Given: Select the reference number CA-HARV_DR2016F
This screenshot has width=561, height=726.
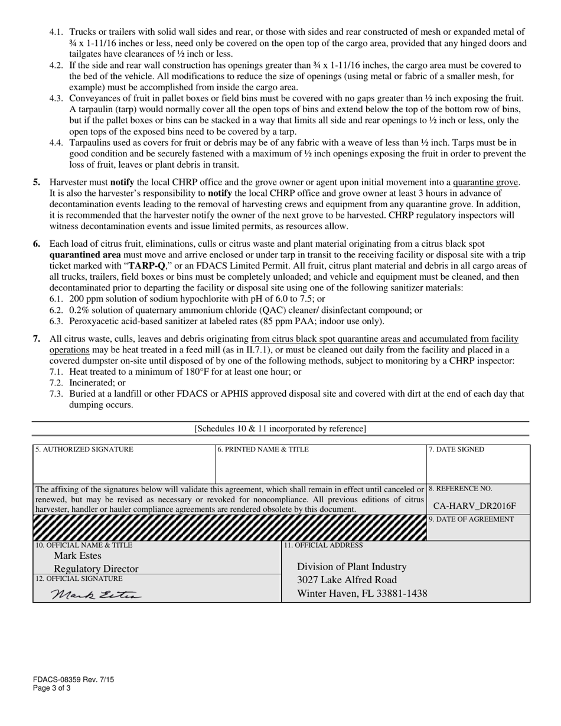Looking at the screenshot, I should pos(475,505).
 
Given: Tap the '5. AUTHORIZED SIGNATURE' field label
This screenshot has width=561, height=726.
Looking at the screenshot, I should pos(84,449).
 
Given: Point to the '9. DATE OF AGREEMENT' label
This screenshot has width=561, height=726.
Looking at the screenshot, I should pos(471,519).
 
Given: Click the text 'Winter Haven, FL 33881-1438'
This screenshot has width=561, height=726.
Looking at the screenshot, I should pos(362,593).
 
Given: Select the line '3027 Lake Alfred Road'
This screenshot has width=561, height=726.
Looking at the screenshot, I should pos(347,580).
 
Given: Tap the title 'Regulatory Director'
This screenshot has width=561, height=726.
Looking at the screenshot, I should pos(96,568).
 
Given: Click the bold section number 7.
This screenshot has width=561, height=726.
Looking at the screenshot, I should pos(37,338).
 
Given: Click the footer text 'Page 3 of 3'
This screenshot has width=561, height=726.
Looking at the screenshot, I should pos(52,688).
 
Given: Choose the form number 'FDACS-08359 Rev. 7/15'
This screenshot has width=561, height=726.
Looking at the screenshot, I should pos(74,679).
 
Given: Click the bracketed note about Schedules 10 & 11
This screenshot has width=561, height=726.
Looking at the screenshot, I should pos(280,429).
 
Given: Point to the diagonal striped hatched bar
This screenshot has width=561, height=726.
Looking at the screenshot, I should pos(230,527).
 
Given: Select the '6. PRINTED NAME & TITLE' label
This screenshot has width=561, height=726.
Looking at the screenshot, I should pos(263,449).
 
